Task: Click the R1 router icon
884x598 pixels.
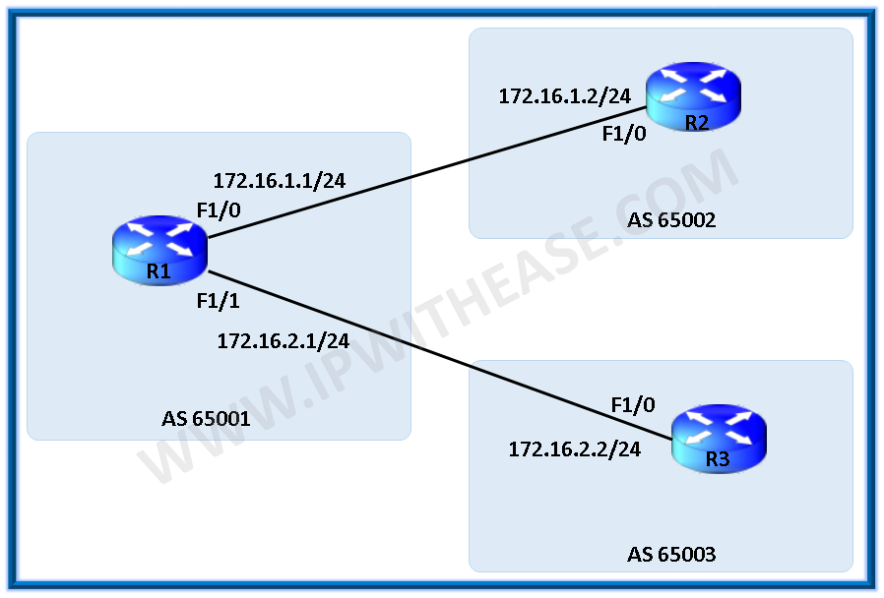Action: (x=158, y=251)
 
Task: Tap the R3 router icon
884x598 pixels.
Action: (x=719, y=439)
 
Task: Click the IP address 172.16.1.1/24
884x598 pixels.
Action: (x=280, y=180)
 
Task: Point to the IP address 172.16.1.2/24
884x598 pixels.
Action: (x=564, y=95)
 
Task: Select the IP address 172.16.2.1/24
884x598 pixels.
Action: (x=284, y=340)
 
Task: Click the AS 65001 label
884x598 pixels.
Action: (x=206, y=419)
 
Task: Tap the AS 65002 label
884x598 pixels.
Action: (x=671, y=219)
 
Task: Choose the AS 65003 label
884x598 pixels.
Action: (x=671, y=555)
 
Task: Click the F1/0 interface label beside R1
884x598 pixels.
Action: (x=219, y=209)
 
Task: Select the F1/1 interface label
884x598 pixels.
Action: (x=219, y=301)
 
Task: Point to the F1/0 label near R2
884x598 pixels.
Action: (x=624, y=134)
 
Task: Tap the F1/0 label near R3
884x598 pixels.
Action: (x=633, y=404)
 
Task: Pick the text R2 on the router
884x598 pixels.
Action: (x=697, y=122)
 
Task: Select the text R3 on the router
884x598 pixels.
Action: (x=718, y=458)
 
